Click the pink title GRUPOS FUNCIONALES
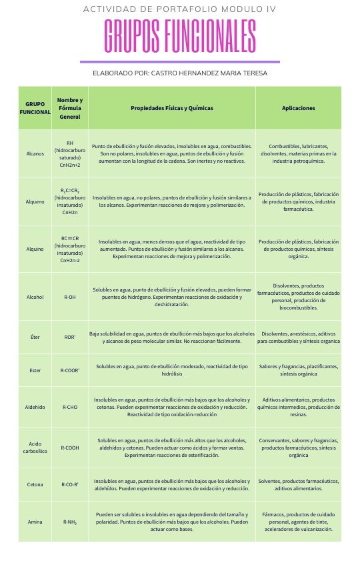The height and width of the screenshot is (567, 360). [x=180, y=36]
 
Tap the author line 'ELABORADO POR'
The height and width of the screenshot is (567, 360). [x=180, y=73]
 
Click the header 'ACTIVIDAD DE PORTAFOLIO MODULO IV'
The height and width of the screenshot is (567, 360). [x=180, y=9]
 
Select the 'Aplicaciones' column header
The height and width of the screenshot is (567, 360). [x=298, y=108]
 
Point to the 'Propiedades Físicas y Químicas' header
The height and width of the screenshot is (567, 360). [x=171, y=108]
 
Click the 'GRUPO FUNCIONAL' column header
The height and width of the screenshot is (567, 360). [x=35, y=108]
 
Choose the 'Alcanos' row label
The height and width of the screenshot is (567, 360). [x=35, y=153]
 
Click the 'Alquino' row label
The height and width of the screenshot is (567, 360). [x=35, y=249]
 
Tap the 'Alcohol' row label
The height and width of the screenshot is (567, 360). [x=35, y=297]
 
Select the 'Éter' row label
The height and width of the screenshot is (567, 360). [x=35, y=337]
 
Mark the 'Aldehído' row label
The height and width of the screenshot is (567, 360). [x=35, y=406]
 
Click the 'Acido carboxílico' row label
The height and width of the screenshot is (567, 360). [x=35, y=448]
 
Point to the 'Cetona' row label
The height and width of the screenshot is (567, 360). [x=35, y=484]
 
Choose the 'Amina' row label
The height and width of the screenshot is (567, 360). [x=35, y=522]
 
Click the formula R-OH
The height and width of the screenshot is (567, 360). [x=70, y=297]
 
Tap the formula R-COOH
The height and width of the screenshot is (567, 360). [x=70, y=448]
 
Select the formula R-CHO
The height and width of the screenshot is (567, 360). [x=70, y=406]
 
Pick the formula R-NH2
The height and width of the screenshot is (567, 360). [x=70, y=522]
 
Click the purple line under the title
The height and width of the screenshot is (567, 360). [x=180, y=61]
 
